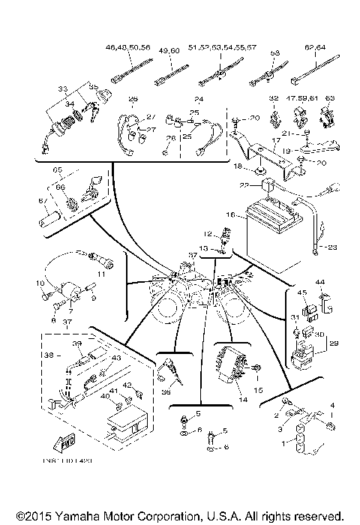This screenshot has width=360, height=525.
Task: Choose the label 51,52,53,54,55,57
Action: tap(223, 48)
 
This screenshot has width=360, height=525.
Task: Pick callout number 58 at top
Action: tap(275, 54)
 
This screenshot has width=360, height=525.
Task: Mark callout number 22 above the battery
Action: tap(244, 184)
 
